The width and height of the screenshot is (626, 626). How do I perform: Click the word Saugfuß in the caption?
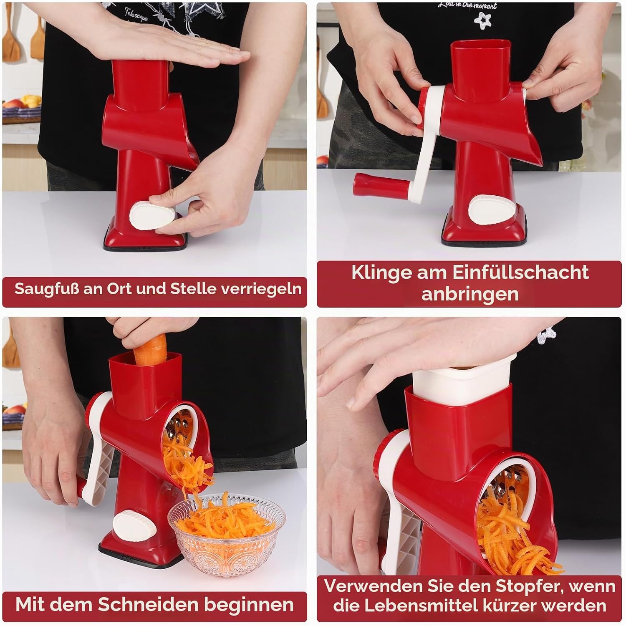[47, 288]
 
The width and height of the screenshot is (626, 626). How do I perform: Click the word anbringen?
[469, 294]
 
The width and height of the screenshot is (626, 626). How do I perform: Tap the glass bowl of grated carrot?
[227, 533]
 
